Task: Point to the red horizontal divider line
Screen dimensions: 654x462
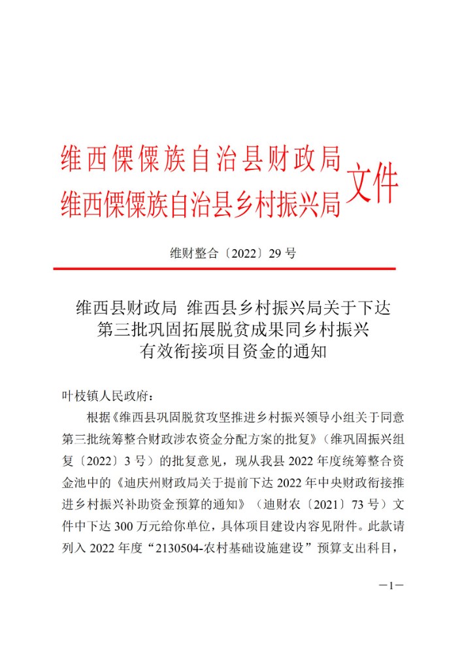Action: [x=224, y=268]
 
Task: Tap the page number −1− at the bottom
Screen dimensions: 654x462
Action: [x=391, y=586]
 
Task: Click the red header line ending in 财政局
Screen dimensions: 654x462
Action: [x=201, y=159]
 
